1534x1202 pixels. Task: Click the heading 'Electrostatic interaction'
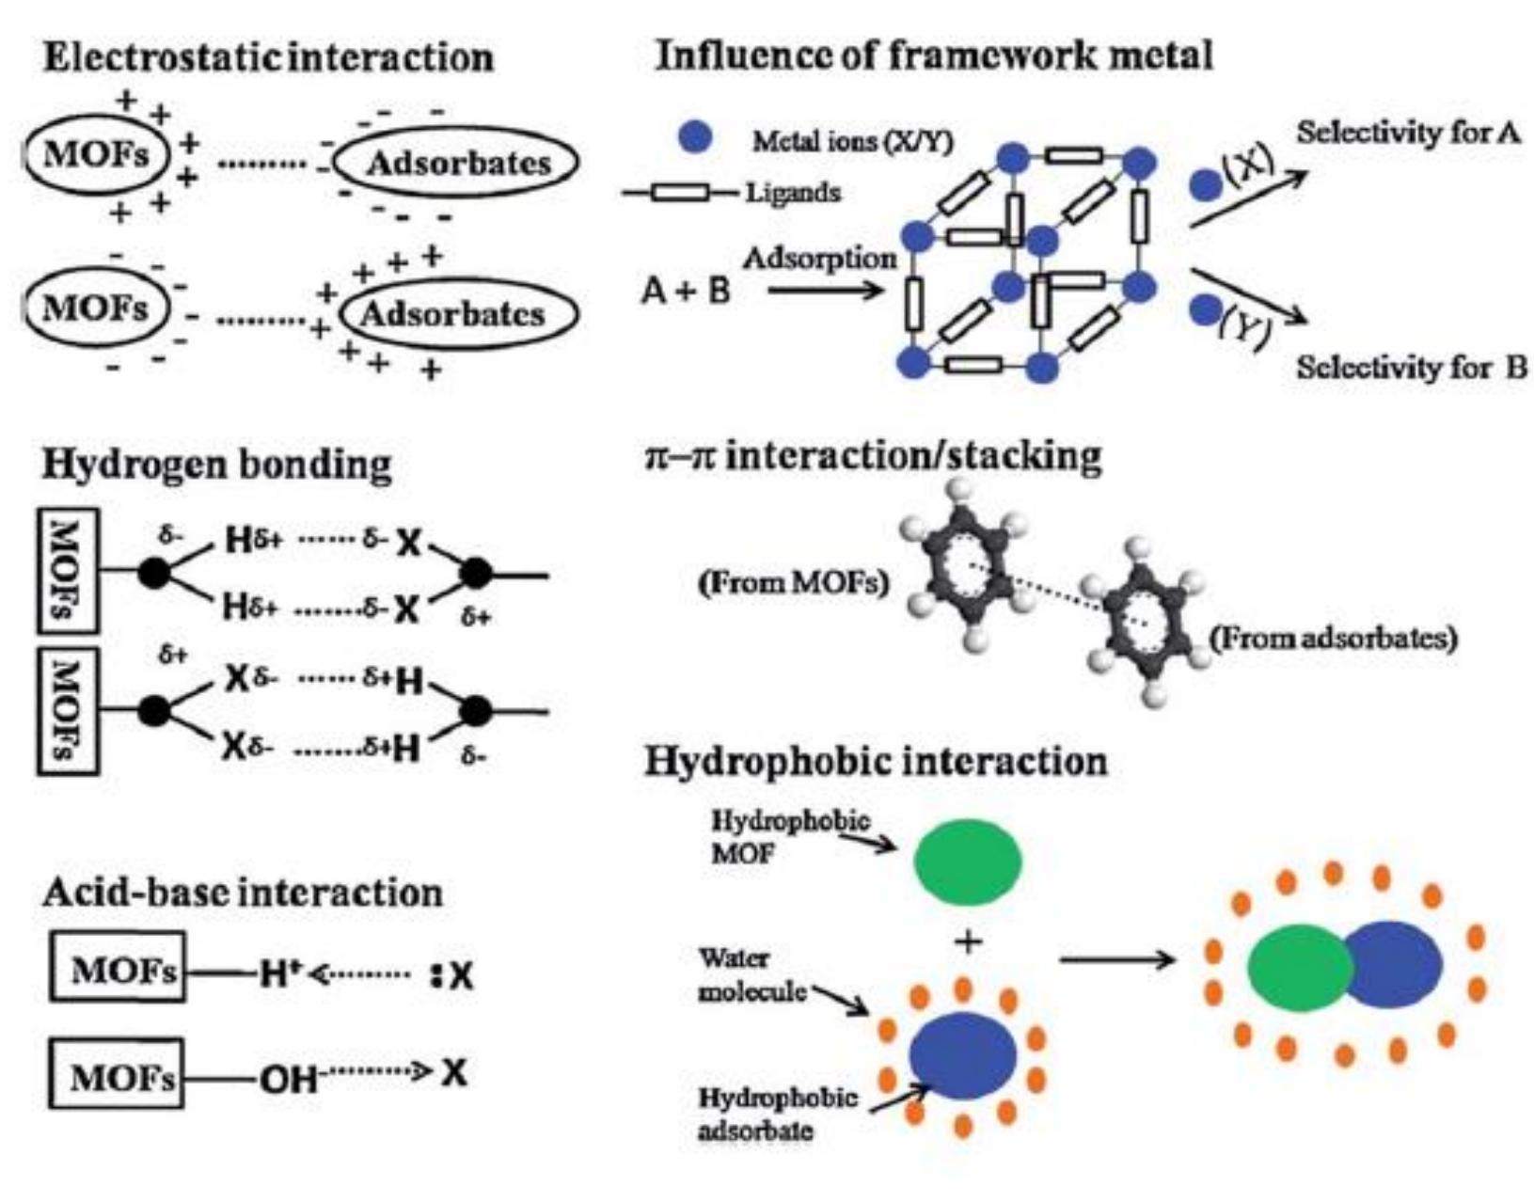[268, 58]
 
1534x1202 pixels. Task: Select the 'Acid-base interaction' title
[243, 892]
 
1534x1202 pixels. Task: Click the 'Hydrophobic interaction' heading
[876, 760]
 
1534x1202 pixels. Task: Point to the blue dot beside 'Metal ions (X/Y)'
[694, 138]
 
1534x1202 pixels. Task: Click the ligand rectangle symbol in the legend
[680, 193]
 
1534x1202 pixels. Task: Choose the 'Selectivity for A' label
[1407, 133]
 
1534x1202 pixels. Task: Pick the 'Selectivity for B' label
[1411, 367]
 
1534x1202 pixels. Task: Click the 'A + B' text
[686, 291]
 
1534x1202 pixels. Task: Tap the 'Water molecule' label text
[751, 974]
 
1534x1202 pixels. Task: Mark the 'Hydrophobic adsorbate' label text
[776, 1113]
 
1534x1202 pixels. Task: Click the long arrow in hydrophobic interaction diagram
[1116, 959]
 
